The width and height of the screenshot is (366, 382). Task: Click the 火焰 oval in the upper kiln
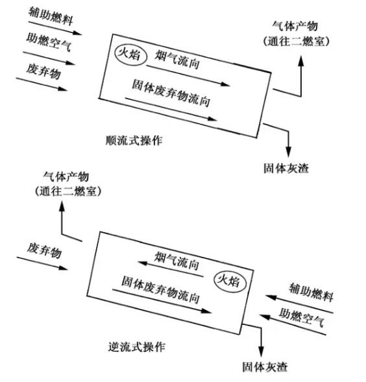coord(115,56)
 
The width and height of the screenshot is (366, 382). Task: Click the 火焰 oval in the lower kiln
coord(214,281)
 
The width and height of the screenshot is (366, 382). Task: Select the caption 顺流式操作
coord(134,141)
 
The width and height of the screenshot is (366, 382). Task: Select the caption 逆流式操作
coord(136,347)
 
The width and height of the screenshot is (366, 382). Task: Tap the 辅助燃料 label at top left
coord(51,16)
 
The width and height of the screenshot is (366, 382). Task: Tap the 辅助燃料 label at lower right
coord(311,292)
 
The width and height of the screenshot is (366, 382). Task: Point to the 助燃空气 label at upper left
coord(49,42)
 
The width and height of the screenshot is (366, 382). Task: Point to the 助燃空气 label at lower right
coord(302,317)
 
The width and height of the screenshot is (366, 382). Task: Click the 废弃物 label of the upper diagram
coord(43,71)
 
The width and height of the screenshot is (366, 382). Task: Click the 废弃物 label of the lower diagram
coord(44,250)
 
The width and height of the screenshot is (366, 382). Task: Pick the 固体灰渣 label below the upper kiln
coord(286,169)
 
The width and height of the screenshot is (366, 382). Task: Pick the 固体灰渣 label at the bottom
coord(265,367)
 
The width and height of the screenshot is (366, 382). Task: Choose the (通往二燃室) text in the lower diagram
coord(68,191)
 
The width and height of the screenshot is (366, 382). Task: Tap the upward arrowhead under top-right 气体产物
coord(301,61)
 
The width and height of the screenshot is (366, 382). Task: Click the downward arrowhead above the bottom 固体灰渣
coord(261,352)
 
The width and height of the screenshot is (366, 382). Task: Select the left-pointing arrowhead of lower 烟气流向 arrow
coord(143,263)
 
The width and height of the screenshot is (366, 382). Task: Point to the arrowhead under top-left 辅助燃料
coord(77,32)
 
